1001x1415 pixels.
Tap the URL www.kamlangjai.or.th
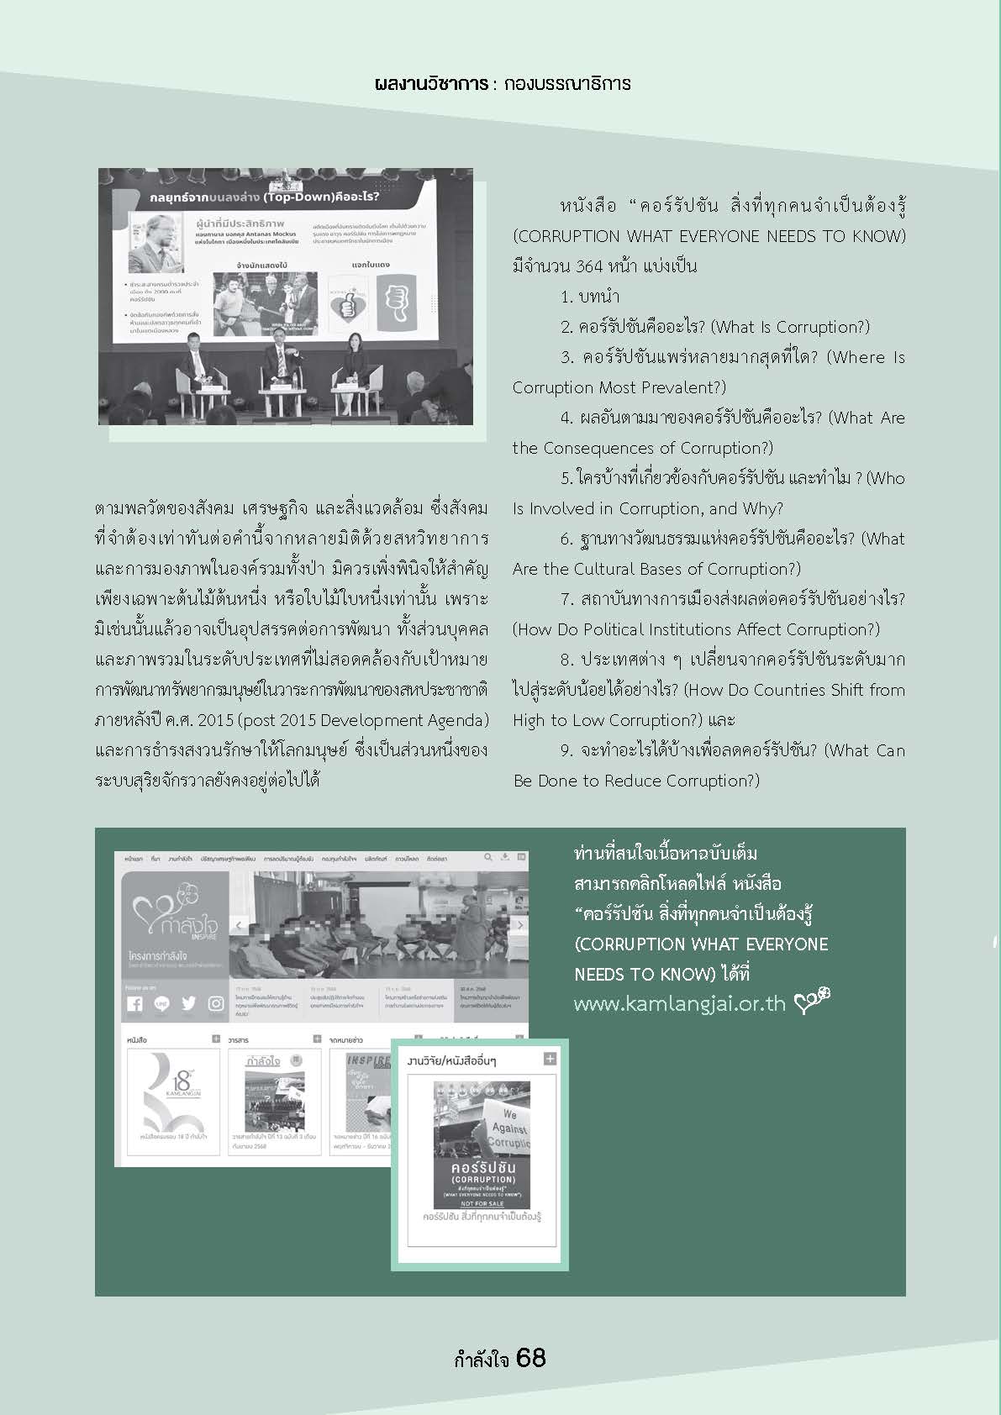click(679, 1004)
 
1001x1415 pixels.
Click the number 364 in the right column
click(589, 266)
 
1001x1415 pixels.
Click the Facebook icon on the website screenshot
click(135, 1004)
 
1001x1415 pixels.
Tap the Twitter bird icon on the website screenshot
click(188, 1003)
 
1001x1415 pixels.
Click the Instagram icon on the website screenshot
click(216, 1003)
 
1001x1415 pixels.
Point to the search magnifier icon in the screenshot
click(487, 858)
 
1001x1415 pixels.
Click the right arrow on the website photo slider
click(519, 925)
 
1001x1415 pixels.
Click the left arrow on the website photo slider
click(239, 925)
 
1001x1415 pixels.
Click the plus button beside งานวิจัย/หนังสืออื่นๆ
click(550, 1059)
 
